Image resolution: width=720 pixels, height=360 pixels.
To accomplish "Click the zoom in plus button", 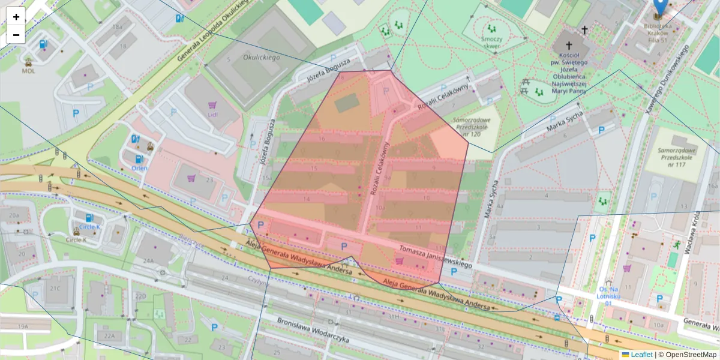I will pos(16,17).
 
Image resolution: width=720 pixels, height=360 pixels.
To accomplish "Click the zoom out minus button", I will pos(16,35).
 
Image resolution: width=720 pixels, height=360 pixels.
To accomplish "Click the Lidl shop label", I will pos(212,114).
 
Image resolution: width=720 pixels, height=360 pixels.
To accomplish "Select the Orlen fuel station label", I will pos(139,168).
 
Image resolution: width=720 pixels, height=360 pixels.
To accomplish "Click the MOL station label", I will pos(28,70).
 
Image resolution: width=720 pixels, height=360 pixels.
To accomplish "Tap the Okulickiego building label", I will pos(262,57).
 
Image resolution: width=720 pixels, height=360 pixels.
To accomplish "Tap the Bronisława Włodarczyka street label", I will pos(313,329).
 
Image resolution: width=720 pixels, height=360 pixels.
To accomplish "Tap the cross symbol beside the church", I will pos(584,29).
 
